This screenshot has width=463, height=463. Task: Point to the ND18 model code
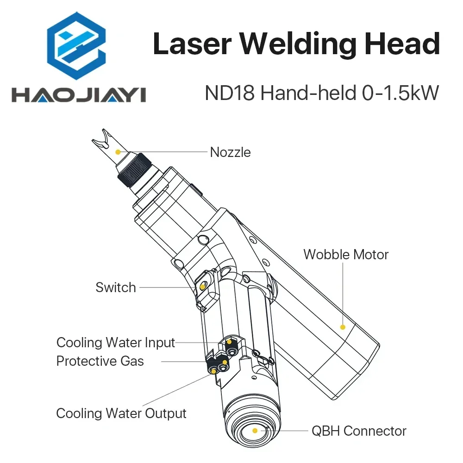[230, 94]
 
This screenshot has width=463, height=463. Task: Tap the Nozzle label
[230, 152]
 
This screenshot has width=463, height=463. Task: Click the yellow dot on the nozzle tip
[118, 151]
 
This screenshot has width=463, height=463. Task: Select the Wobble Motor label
[345, 254]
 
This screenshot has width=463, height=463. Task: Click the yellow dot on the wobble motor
[343, 327]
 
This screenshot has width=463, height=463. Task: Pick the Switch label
[116, 287]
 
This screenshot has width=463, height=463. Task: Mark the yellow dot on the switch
[202, 287]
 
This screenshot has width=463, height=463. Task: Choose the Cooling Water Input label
[116, 343]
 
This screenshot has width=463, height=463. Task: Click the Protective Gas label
[100, 361]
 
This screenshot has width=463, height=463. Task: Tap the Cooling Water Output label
[121, 413]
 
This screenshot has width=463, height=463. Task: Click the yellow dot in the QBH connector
[254, 431]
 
